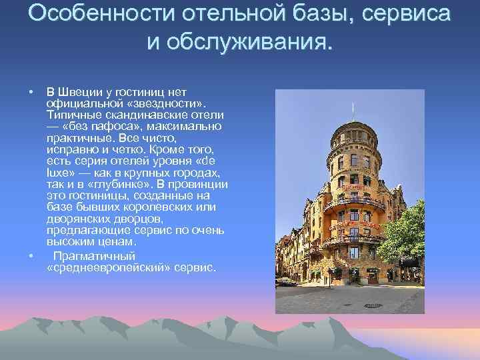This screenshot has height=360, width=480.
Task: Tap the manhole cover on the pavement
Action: (x=368, y=306)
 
